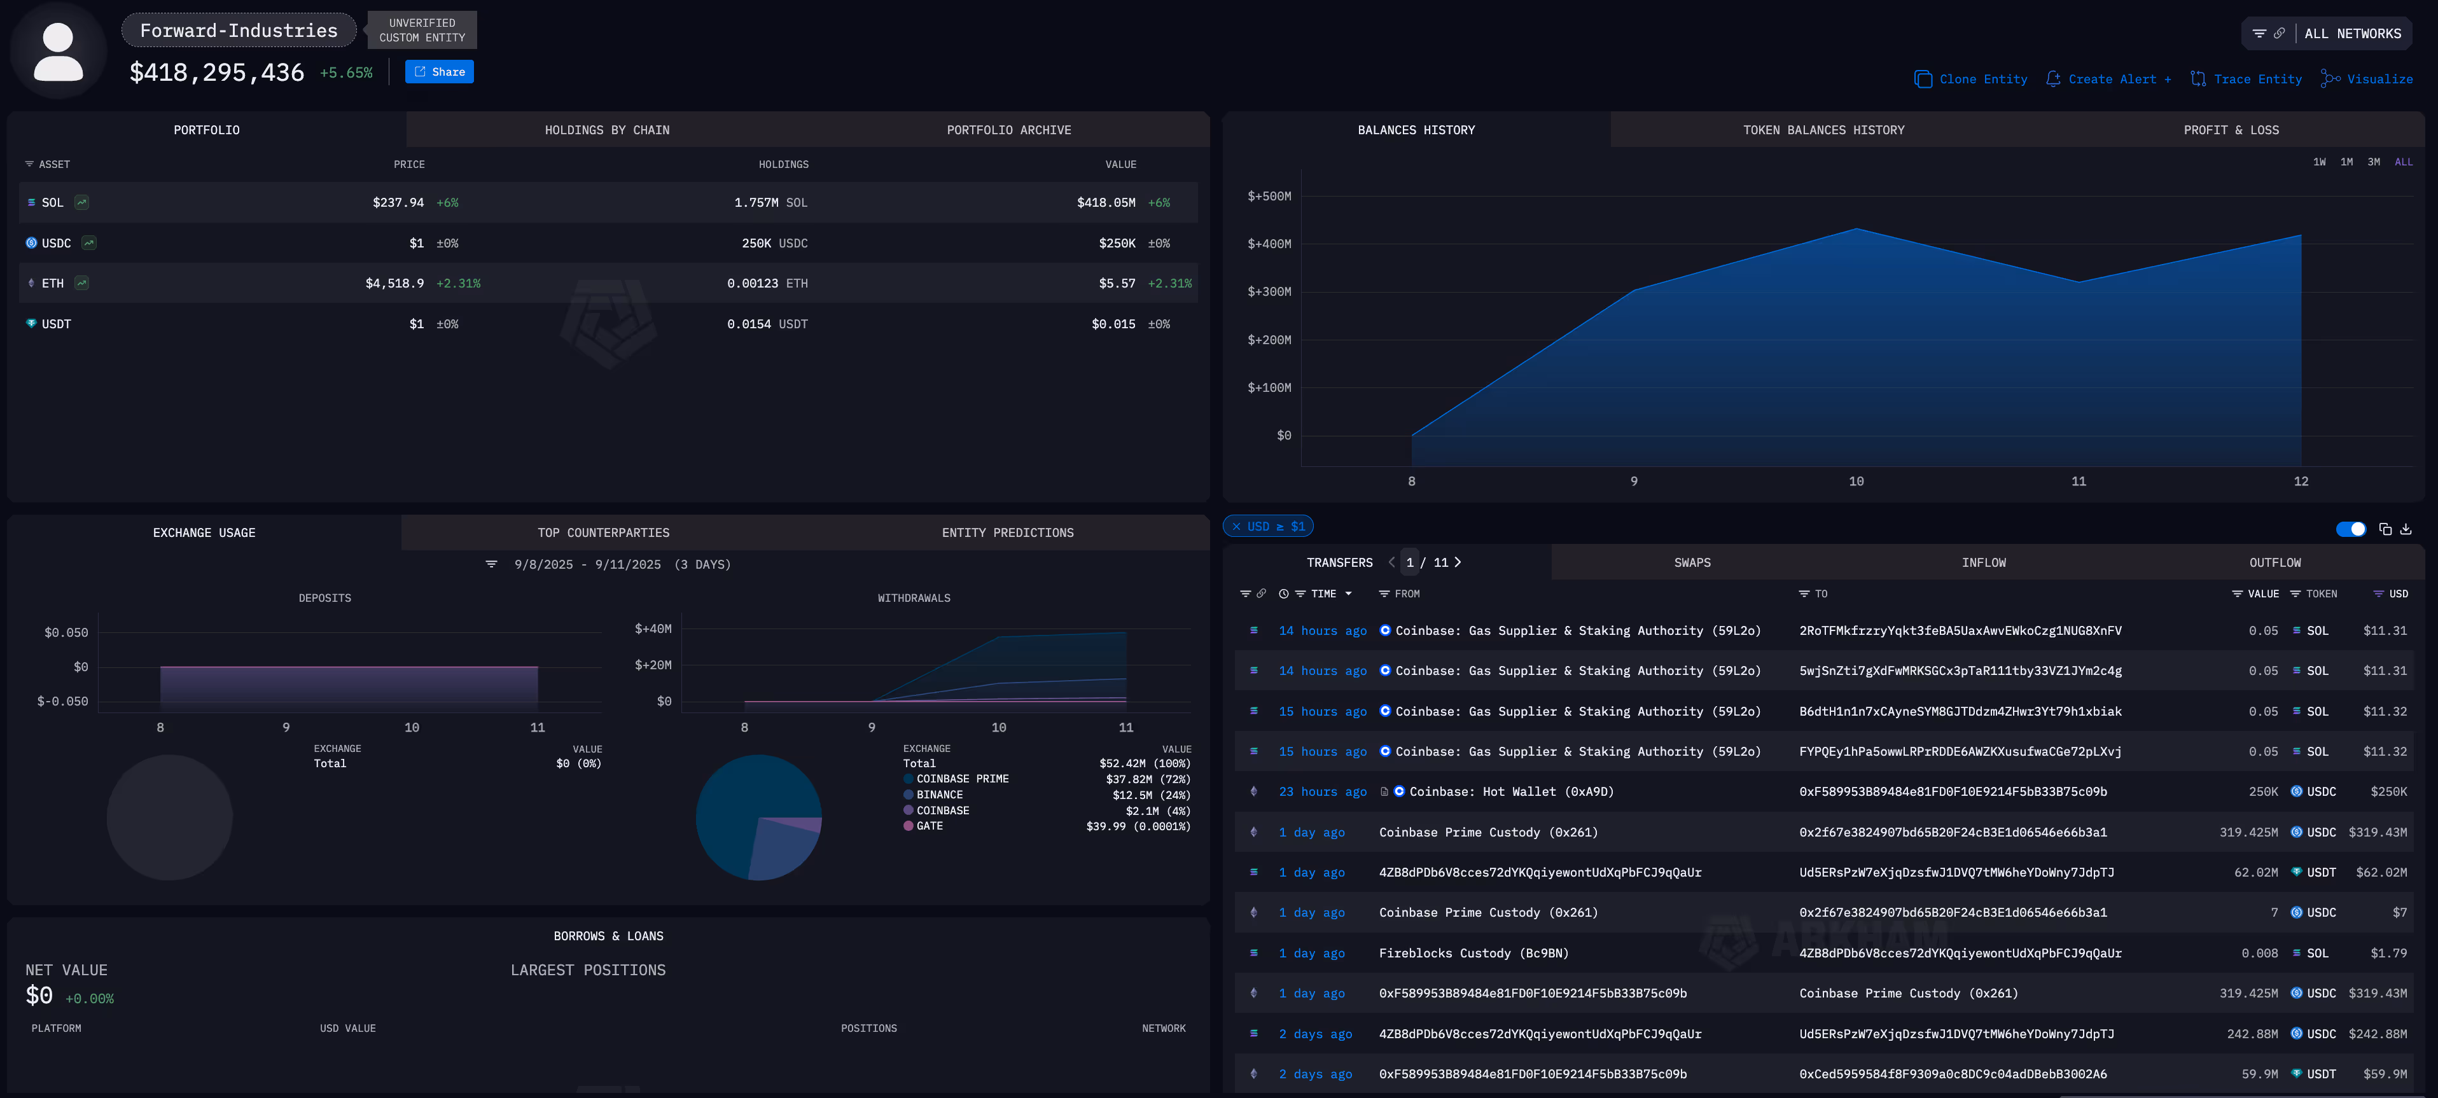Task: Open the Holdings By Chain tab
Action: pos(607,130)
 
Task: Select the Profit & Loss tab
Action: pos(2230,130)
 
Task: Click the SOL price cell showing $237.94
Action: pos(398,202)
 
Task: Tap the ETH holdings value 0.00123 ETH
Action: pos(767,284)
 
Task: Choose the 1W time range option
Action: pos(2319,162)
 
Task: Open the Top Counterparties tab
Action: pos(603,533)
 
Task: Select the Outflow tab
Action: pos(2274,563)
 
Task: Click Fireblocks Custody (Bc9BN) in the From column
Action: pos(1473,953)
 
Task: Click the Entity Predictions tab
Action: pos(1007,533)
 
